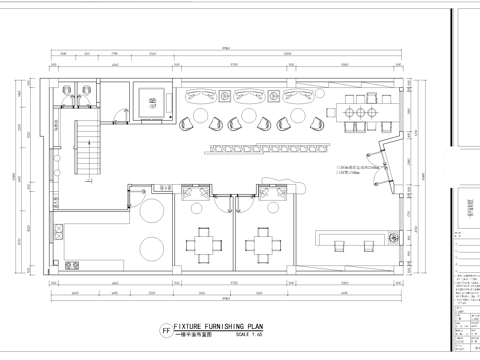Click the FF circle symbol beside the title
point(166,329)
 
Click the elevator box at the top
point(153,97)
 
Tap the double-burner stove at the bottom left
point(72,266)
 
